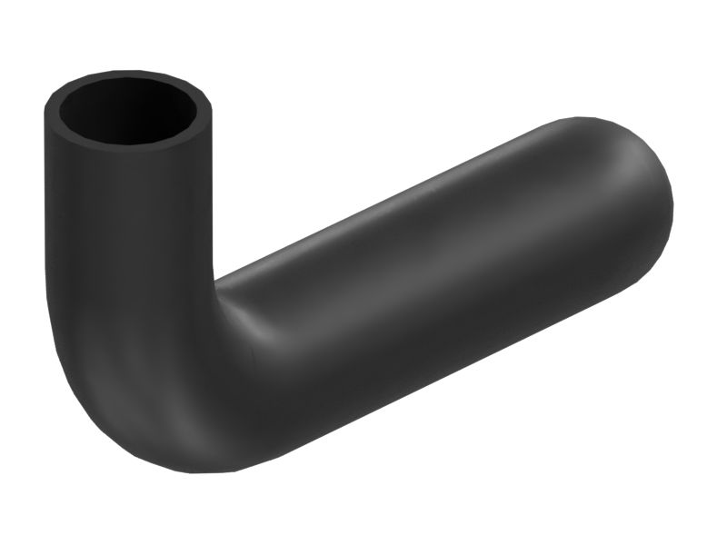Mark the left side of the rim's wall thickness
50,114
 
